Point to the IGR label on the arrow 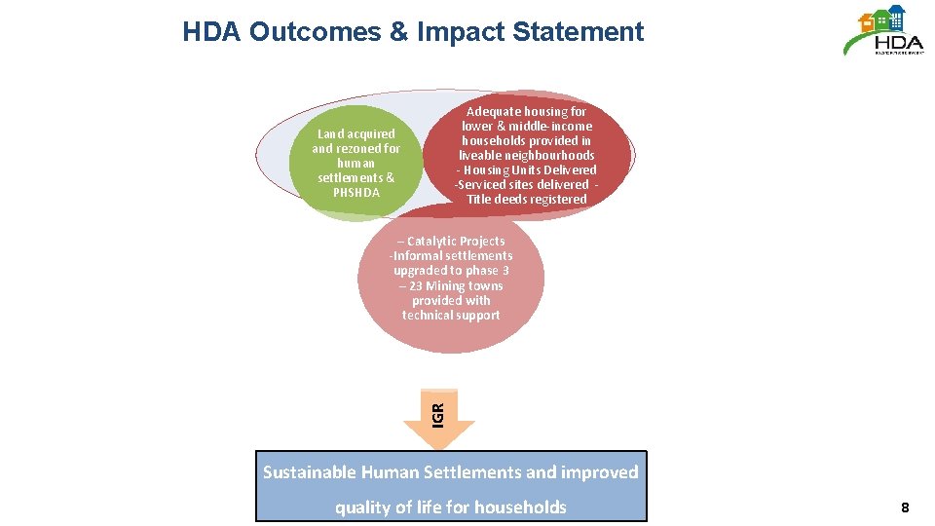tap(438, 413)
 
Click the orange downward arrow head tap(439, 434)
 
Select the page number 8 tap(905, 507)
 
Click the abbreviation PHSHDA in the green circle tap(355, 192)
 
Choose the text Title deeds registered tap(527, 199)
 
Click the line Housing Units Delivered tap(530, 169)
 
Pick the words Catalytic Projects tap(456, 241)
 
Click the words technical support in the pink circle tap(451, 315)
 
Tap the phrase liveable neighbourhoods tap(527, 155)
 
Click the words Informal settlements tap(452, 255)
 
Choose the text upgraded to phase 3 tap(451, 270)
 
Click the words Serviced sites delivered tap(522, 184)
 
